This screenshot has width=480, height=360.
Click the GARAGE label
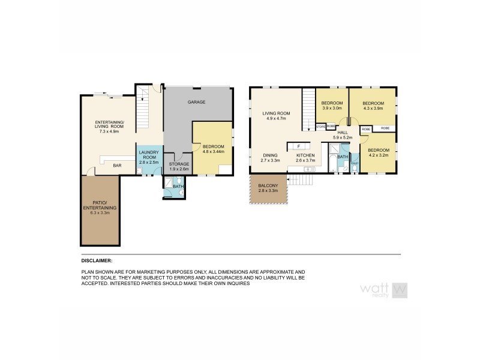196,102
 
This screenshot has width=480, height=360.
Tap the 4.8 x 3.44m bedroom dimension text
214,152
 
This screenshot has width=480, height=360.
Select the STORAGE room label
179,163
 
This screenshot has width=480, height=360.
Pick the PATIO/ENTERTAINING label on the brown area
100,205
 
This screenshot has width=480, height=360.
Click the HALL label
343,133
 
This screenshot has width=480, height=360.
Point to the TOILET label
354,163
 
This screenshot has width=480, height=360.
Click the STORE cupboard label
320,127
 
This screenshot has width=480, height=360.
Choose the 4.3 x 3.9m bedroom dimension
373,109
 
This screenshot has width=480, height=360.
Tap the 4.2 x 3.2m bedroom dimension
378,155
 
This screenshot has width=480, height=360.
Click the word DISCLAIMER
97,261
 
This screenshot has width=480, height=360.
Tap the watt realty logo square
400,290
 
